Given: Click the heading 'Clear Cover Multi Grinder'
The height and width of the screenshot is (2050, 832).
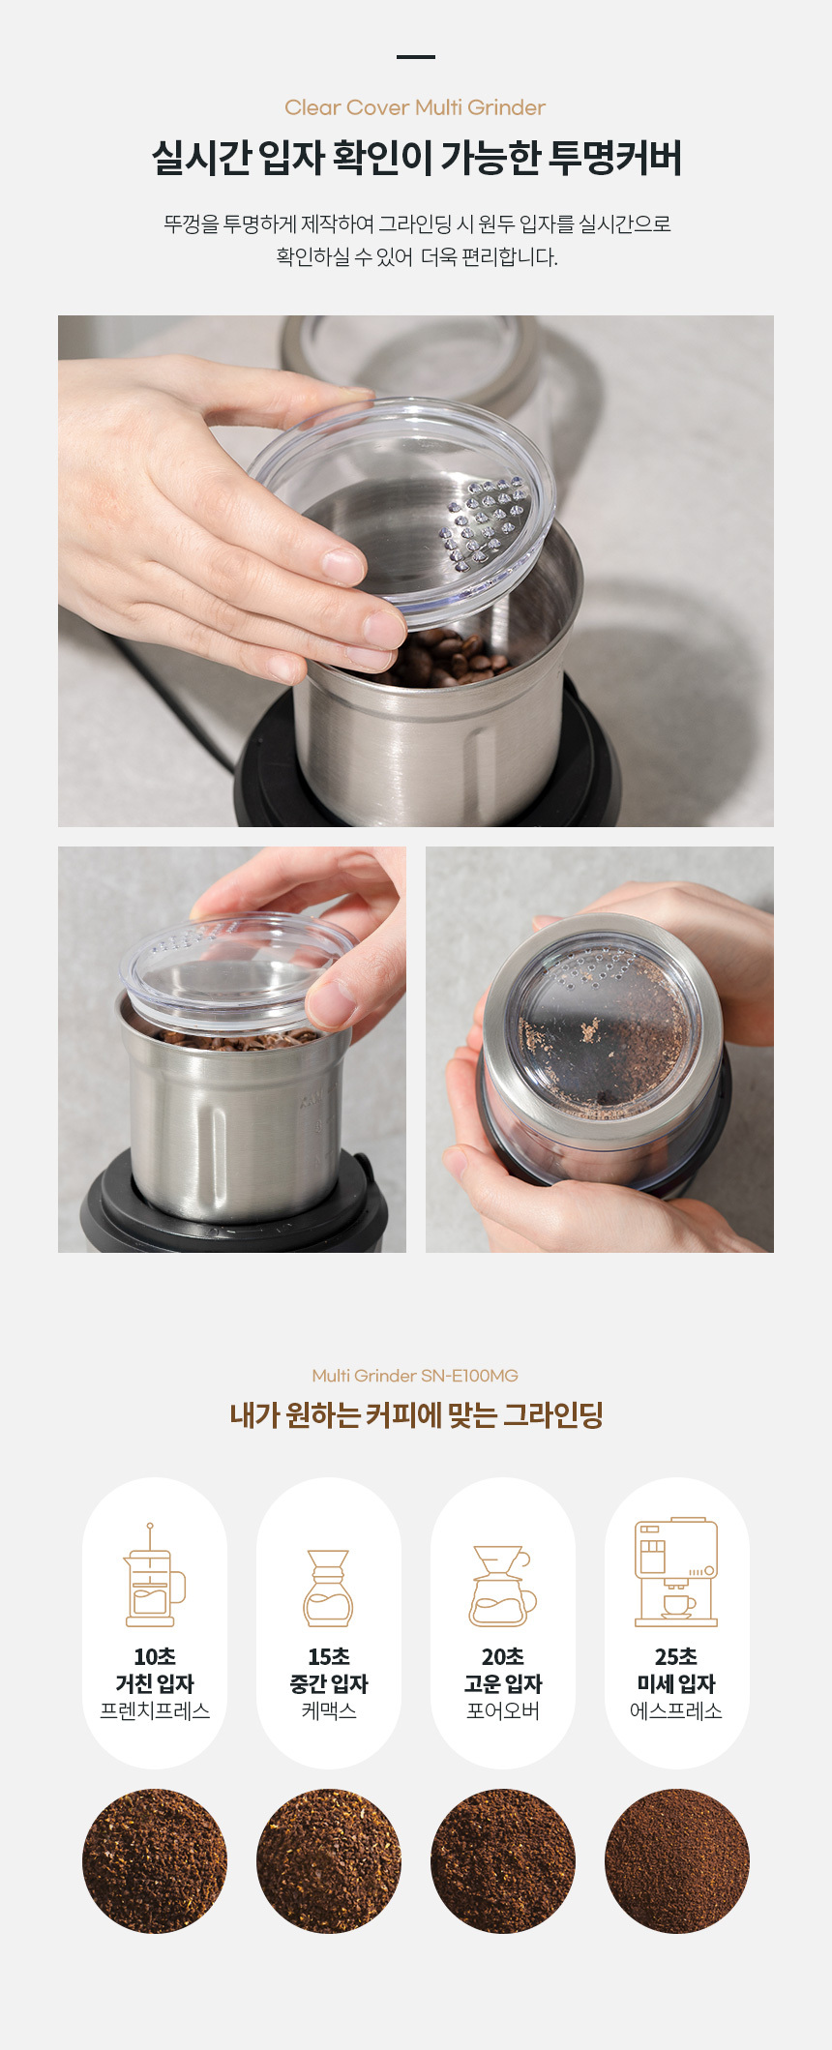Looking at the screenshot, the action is tap(415, 107).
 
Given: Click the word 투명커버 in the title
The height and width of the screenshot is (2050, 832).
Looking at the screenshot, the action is tap(615, 158).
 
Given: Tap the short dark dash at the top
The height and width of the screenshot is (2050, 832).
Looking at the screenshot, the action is tap(416, 57).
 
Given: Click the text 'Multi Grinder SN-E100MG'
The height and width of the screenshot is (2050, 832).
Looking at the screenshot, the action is tap(415, 1375).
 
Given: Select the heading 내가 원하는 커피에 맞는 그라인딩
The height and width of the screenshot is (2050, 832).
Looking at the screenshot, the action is tap(416, 1415).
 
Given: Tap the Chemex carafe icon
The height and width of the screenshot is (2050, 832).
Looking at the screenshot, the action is tap(328, 1588).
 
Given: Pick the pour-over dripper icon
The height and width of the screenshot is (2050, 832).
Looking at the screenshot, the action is tap(502, 1586).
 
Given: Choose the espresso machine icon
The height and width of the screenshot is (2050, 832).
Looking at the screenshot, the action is tap(676, 1572).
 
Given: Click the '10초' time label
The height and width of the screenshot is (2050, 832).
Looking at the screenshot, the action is tap(155, 1656).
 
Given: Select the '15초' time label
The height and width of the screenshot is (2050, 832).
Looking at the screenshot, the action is tap(329, 1656).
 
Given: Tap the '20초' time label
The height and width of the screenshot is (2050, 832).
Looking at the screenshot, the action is tap(503, 1656).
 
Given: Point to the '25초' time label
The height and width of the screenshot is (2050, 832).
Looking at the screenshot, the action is tap(676, 1656).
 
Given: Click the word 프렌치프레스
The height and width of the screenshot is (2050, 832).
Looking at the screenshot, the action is tap(155, 1710).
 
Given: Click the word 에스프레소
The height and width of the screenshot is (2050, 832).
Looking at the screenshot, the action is tap(676, 1710).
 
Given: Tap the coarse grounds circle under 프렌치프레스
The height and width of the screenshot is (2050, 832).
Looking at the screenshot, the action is tap(155, 1860).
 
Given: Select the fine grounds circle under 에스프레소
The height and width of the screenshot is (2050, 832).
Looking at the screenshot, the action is tap(677, 1860).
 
